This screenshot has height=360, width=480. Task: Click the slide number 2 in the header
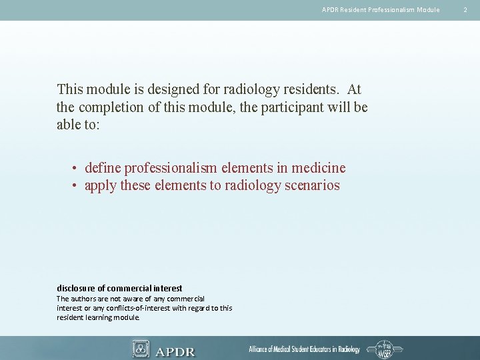[x=466, y=9]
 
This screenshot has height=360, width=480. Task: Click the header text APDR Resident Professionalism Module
[x=381, y=9]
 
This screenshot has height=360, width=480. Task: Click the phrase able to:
[x=78, y=125]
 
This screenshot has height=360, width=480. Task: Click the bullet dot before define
[x=77, y=169]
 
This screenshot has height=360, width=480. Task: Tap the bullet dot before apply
[x=77, y=186]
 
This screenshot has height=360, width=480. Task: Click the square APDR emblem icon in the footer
[x=141, y=349]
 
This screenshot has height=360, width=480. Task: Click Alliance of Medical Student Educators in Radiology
[x=304, y=349]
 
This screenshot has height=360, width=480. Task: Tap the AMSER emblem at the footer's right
[x=385, y=349]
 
